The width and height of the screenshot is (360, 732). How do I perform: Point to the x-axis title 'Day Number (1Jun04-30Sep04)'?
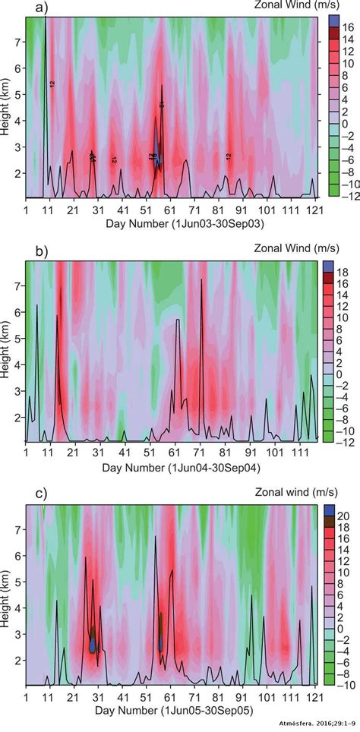171,465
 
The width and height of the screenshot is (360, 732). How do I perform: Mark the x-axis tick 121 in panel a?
315,209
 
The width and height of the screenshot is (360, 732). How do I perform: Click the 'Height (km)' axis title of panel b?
7,352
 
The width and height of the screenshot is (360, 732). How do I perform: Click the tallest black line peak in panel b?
201,281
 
